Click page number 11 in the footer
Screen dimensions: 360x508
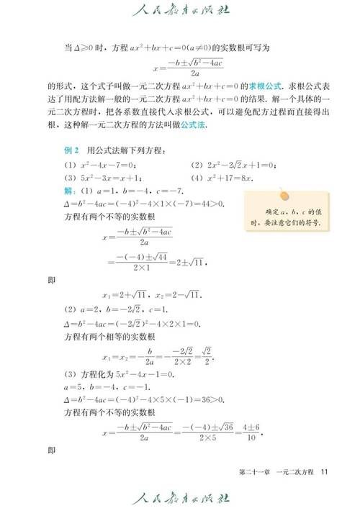(325, 471)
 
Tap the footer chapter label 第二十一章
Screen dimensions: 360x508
(256, 471)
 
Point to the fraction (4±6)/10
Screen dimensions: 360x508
(249, 433)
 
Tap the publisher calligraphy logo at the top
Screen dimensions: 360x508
(180, 12)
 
